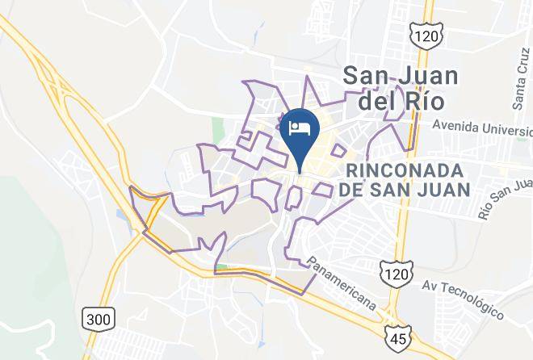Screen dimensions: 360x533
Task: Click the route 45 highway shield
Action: tap(402, 333)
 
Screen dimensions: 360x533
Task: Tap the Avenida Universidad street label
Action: tap(481, 127)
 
